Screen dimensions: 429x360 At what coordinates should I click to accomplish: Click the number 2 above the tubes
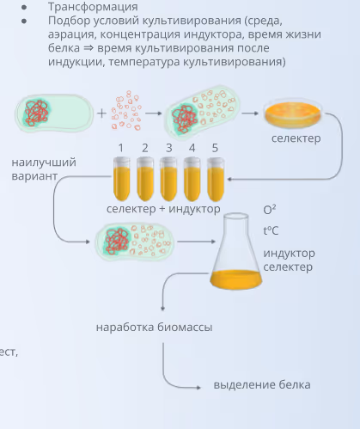[x=145, y=148]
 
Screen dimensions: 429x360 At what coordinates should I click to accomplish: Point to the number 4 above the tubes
[x=192, y=148]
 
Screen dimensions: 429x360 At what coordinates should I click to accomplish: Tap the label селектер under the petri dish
[x=296, y=138]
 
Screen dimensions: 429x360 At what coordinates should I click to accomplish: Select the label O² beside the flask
[x=270, y=210]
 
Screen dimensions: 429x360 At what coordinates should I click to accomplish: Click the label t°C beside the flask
[x=271, y=230]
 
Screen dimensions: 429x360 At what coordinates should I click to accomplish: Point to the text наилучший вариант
[x=44, y=169]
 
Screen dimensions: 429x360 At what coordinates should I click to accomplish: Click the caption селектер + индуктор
[x=163, y=209]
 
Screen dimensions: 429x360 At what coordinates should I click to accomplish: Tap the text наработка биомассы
[x=154, y=327]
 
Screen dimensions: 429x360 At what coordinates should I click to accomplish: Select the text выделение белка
[x=261, y=384]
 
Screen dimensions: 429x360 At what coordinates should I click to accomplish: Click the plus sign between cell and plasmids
[x=102, y=113]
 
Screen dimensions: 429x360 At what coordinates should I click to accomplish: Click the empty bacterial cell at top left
[x=52, y=113]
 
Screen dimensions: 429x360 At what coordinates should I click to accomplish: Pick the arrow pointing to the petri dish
[x=250, y=113]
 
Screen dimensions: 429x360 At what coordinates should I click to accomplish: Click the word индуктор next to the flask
[x=289, y=253]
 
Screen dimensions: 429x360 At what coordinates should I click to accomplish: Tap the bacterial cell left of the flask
[x=134, y=242]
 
